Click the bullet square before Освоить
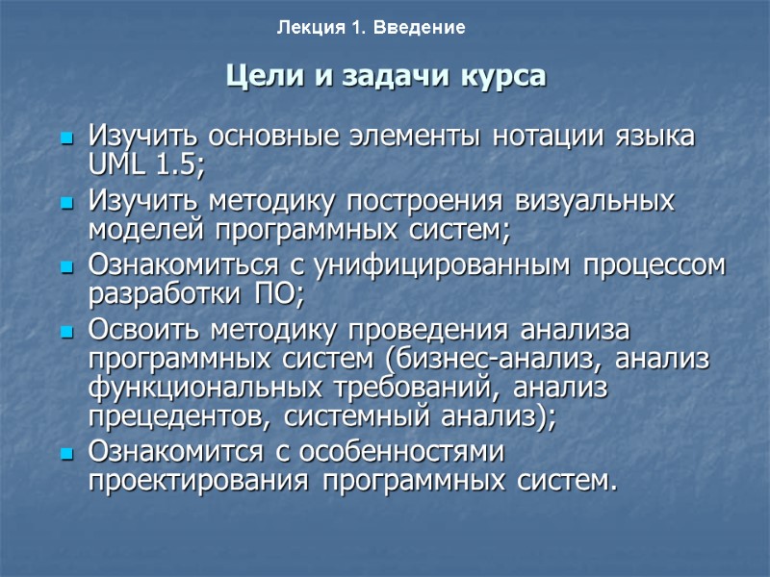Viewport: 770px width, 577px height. click(x=66, y=334)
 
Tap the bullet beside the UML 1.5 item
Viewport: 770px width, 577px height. click(x=66, y=138)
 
